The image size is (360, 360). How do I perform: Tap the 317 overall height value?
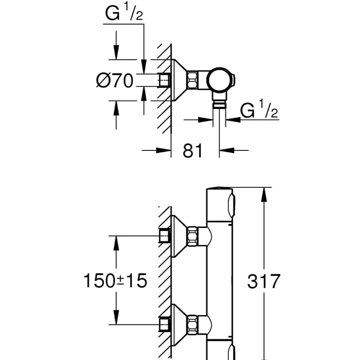(x=264, y=281)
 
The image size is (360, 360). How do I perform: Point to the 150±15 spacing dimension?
(x=115, y=281)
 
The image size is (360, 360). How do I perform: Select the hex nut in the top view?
(x=192, y=80)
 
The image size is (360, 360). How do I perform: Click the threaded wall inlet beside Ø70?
(x=165, y=80)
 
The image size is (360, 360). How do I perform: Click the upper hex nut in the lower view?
(x=192, y=236)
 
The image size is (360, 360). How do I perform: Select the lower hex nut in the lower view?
(x=192, y=324)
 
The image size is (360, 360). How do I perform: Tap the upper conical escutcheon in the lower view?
(x=178, y=236)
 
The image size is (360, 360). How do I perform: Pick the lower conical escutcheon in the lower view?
(x=178, y=324)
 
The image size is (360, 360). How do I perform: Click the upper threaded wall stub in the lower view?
(x=165, y=236)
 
